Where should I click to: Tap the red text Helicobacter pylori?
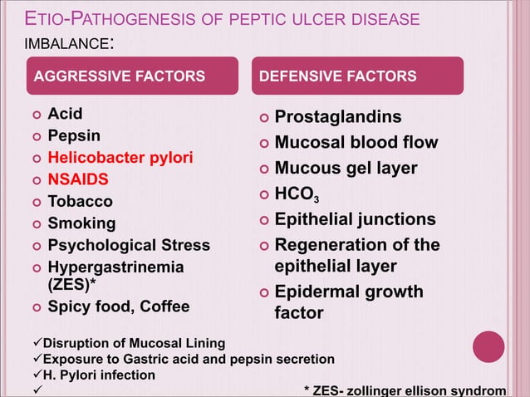pos(120,156)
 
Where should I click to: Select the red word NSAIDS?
pos(78,179)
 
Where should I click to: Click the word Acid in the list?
pos(66,113)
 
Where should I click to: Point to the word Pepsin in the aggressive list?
pos(74,135)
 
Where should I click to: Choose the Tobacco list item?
pos(80,201)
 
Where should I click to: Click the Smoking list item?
pos(81,223)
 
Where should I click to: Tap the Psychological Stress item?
pos(129,245)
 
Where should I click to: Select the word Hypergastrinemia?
pos(115,267)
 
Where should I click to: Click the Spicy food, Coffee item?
pos(118,306)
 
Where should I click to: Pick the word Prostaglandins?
pos(338,117)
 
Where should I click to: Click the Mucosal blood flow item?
pos(356,143)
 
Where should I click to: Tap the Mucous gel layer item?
pos(346,169)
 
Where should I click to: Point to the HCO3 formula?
pos(297,195)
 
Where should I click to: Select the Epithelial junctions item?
pos(355,219)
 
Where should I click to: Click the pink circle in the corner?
pos(488,347)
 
